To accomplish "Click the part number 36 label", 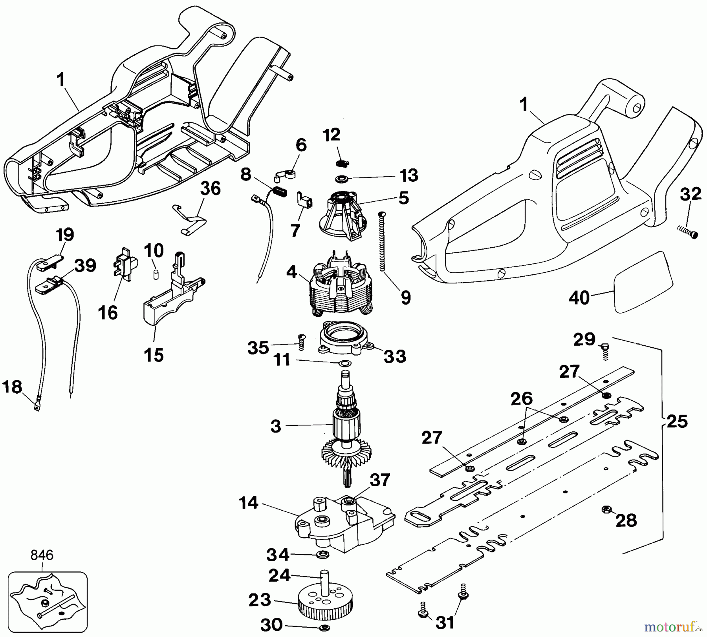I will pos(211,189).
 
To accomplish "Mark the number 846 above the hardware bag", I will pos(42,555).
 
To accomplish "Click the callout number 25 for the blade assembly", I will pos(677,422).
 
